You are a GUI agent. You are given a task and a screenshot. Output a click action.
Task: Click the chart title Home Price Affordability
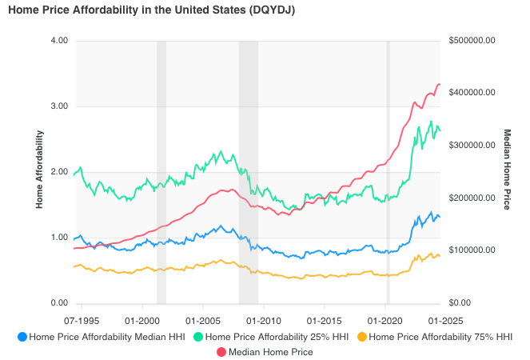[146, 10]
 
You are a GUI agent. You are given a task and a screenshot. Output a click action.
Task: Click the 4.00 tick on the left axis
[59, 41]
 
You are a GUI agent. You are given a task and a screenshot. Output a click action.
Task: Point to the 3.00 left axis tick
[59, 106]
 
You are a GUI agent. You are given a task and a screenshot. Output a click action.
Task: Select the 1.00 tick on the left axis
[59, 238]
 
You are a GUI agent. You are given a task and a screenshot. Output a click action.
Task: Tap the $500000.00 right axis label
[473, 41]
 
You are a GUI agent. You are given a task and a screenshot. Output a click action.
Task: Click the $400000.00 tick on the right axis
[473, 93]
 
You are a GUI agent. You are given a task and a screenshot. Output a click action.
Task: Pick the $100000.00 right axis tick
[473, 250]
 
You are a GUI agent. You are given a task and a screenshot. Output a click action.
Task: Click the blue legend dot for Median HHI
[22, 337]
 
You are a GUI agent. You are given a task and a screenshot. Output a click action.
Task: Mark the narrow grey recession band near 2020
[388, 172]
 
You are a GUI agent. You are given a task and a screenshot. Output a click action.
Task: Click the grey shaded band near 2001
[161, 172]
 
